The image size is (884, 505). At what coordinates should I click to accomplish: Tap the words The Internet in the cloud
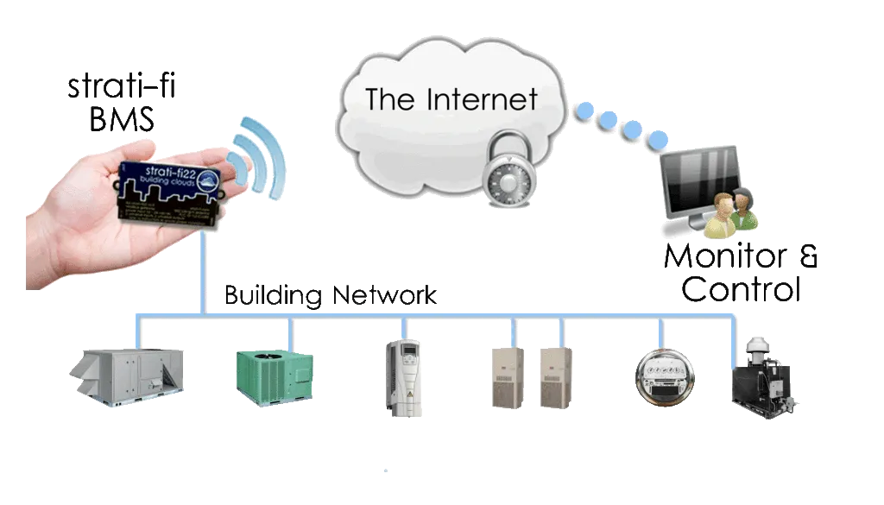[451, 99]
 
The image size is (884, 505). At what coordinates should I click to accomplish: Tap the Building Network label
[331, 295]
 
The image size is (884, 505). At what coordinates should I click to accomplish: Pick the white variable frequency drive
[400, 373]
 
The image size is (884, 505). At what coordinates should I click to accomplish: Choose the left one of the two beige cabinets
[506, 376]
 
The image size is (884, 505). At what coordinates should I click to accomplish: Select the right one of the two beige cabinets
[555, 376]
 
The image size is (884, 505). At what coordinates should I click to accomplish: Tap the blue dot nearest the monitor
[659, 139]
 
